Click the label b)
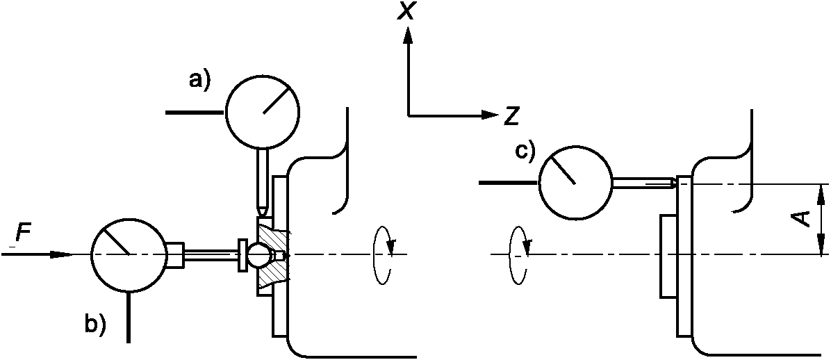click(x=95, y=325)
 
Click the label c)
click(x=525, y=152)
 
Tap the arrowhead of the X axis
click(x=408, y=35)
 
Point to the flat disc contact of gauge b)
click(x=242, y=254)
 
